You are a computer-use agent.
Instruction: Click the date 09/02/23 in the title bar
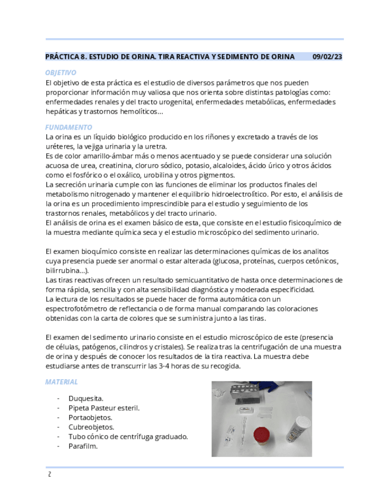327,57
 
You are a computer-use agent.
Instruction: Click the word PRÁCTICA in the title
62,57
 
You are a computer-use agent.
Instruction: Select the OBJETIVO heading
61,73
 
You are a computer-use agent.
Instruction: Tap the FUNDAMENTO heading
68,127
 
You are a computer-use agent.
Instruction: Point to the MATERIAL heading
61,382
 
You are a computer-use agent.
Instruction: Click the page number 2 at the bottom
49,474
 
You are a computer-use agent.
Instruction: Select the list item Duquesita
86,398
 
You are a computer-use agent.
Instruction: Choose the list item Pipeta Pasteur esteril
103,408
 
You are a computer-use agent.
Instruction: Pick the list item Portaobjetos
90,417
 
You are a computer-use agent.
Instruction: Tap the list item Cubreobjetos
91,427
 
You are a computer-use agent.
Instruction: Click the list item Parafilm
83,446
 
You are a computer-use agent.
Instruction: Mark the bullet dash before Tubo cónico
58,436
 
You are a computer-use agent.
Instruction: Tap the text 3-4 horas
170,366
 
